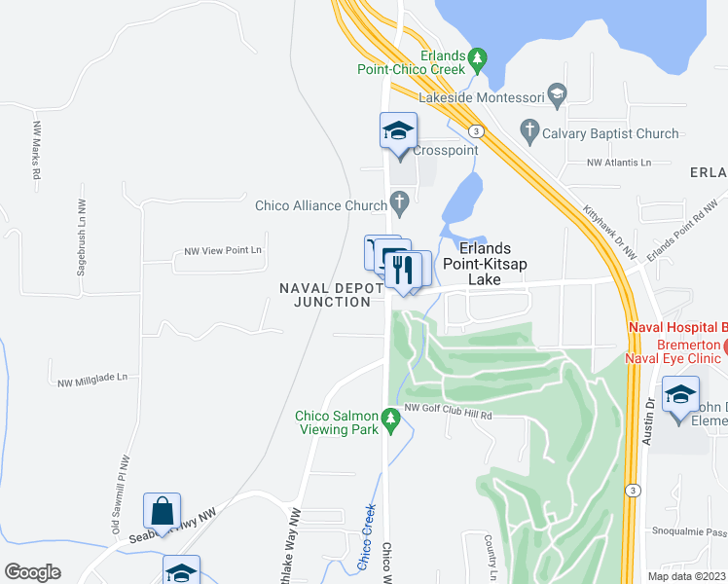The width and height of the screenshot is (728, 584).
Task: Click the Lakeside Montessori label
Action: (480, 97)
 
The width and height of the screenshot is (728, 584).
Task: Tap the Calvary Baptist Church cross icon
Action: (529, 128)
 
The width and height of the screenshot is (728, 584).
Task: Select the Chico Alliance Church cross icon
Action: (399, 202)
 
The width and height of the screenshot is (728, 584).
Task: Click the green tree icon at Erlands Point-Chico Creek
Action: (477, 60)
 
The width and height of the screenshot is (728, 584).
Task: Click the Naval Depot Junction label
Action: (325, 294)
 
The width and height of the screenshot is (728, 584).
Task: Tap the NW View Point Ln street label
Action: (223, 251)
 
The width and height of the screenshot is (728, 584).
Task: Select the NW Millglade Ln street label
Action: (92, 383)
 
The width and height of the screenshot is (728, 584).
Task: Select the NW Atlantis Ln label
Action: (618, 163)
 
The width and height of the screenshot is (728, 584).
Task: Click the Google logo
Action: (32, 572)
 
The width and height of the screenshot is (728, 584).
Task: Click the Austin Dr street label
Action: (649, 413)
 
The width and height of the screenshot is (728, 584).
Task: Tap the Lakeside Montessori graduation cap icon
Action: (557, 95)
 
